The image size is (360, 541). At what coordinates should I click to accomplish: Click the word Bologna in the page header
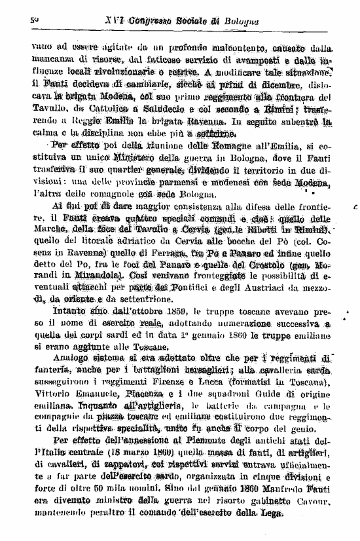pyautogui.click(x=239, y=22)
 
